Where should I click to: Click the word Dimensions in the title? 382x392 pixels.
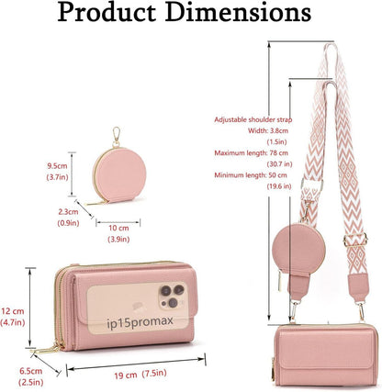coord(240,13)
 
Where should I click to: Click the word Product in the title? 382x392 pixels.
coord(107,13)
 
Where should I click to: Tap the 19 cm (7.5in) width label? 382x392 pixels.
coord(140,374)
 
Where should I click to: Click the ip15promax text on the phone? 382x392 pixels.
coord(140,322)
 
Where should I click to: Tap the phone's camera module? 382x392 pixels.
coord(172,296)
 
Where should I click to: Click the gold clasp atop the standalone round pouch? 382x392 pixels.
coord(117,137)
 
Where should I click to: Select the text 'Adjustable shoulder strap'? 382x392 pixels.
coord(253,119)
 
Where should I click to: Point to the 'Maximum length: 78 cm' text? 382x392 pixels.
coord(251,152)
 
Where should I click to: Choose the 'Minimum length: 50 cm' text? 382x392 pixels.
coord(251,175)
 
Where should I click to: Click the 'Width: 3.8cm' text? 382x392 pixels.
coord(268,130)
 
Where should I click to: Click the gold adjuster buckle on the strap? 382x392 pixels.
coord(355,240)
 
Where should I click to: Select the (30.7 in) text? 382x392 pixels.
coord(279,164)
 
